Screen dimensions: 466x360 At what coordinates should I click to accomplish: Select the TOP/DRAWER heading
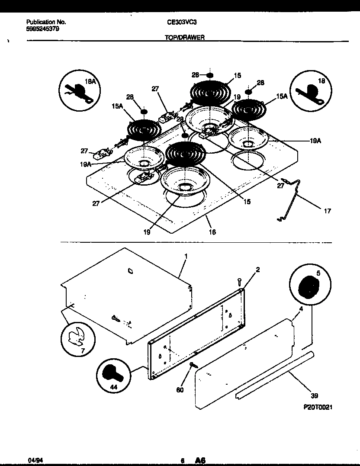pos(185,38)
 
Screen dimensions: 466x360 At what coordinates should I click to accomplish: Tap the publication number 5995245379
pos(43,29)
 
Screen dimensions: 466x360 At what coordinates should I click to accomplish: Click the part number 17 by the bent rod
pos(327,211)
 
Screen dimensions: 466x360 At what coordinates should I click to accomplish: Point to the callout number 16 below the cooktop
pos(212,232)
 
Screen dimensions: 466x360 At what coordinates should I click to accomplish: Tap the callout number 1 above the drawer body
pos(186,256)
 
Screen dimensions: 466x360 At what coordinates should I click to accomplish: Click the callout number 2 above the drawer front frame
pos(257,270)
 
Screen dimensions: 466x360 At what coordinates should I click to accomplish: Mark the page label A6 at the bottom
pos(200,460)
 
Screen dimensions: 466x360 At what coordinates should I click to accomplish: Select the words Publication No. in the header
pos(46,22)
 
